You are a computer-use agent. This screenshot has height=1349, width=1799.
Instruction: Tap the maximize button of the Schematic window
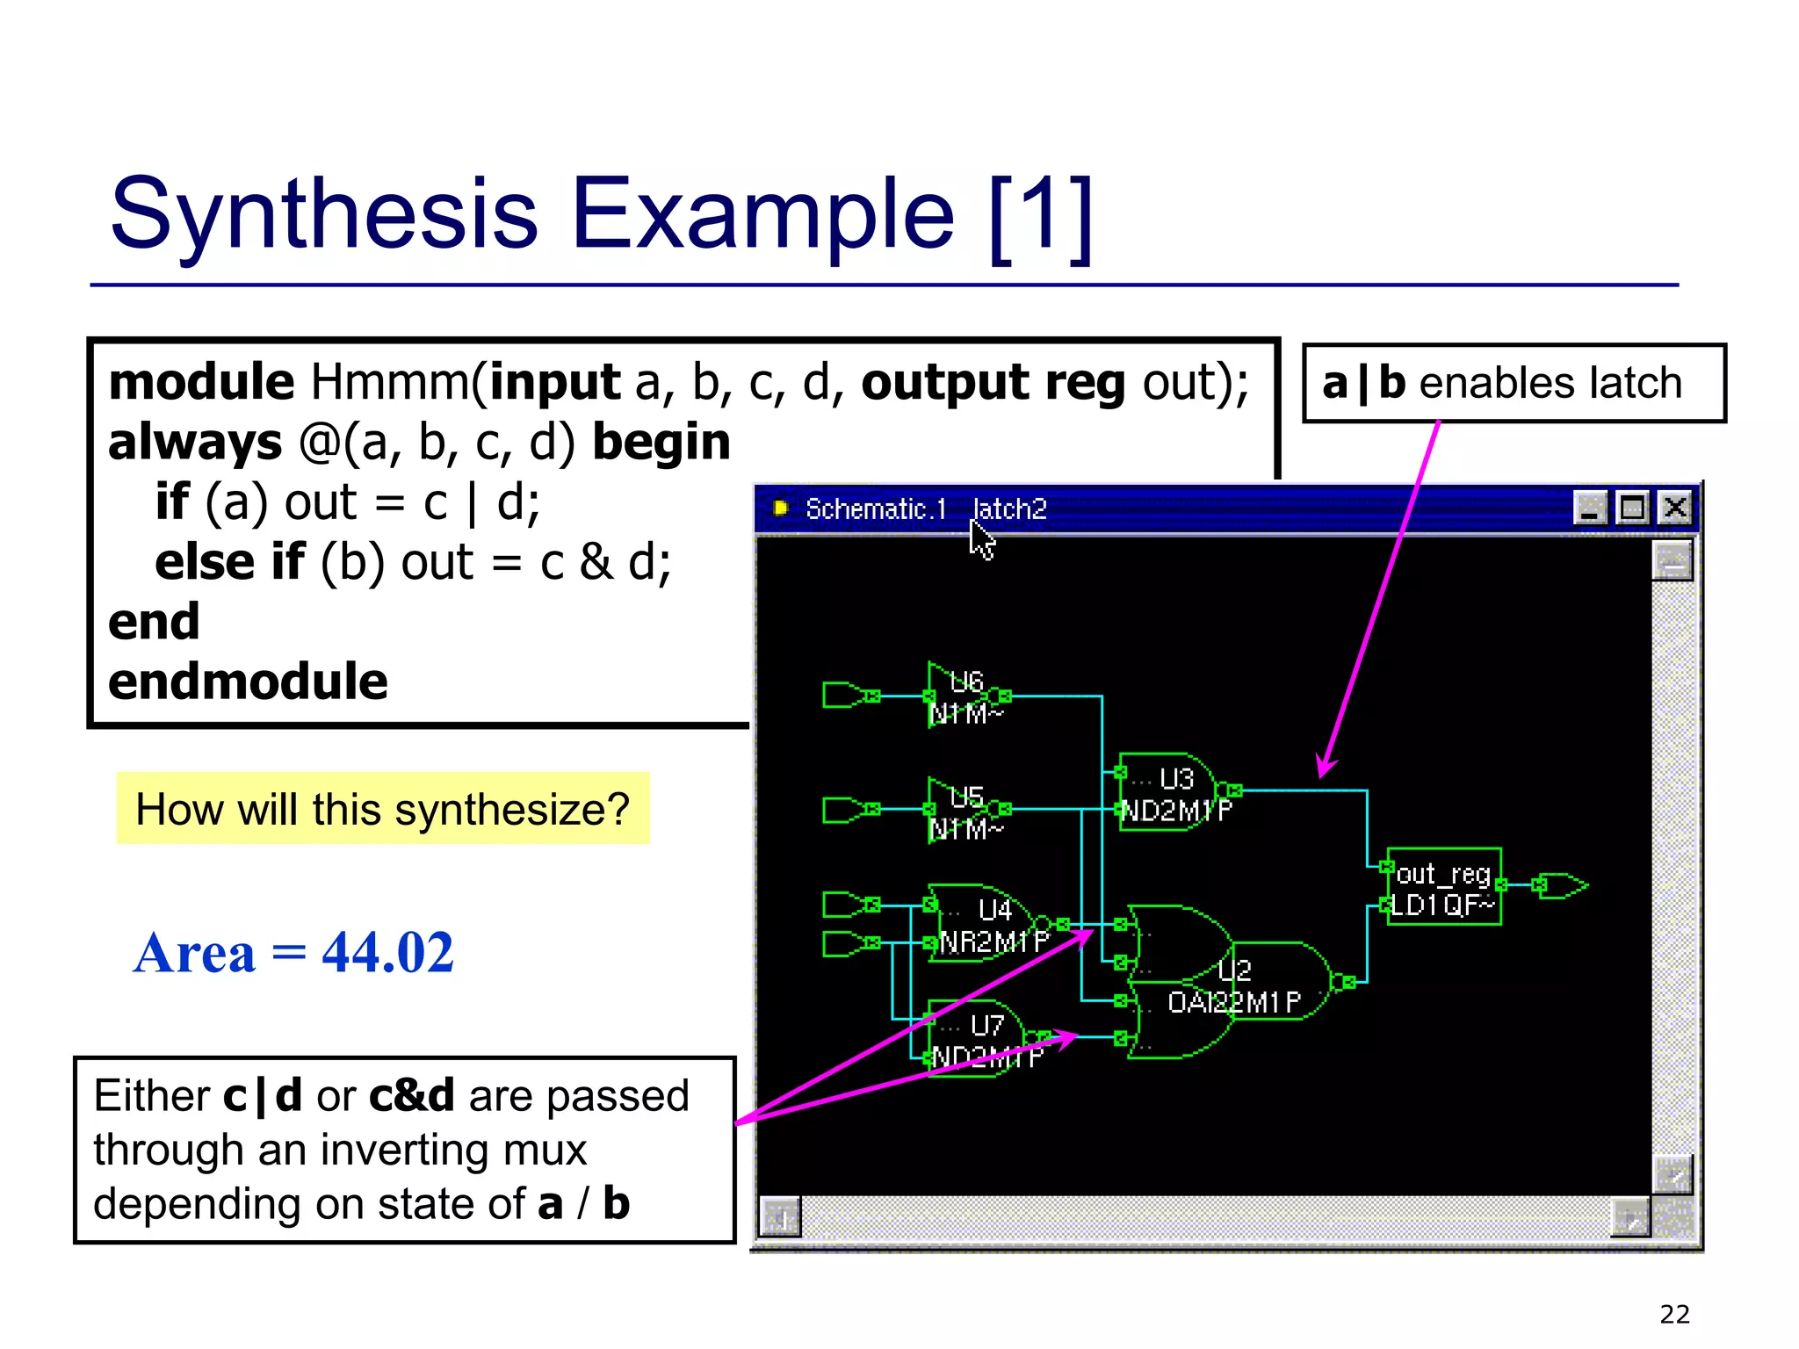pos(1632,509)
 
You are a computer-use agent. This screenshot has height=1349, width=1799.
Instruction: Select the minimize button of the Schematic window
pos(1590,509)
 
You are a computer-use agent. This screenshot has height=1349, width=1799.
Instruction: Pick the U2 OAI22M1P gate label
pos(1233,1001)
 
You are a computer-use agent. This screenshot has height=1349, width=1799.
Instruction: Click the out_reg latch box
pos(1443,887)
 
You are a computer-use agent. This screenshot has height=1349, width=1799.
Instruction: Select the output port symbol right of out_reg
pos(1563,885)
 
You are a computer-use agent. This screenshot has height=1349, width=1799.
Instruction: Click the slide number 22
pos(1674,1314)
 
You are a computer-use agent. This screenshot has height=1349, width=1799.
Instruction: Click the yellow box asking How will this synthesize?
pos(383,809)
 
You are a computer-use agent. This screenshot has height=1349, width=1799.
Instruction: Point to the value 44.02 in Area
pos(387,953)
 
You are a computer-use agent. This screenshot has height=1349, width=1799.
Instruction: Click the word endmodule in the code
pos(248,682)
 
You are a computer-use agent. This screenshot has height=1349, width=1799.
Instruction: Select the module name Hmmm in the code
pos(390,383)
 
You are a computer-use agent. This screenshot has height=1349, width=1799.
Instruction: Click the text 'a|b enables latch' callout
pos(1513,384)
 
